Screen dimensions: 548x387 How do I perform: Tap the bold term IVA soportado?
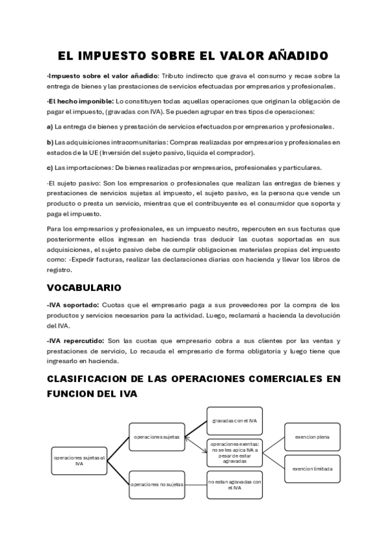[x=74, y=304]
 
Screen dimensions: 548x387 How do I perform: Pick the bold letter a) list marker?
[x=50, y=126]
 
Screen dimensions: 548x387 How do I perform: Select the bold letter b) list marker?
[x=50, y=142]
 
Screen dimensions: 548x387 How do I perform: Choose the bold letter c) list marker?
[x=50, y=167]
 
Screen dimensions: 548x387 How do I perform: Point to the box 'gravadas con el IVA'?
[x=234, y=421]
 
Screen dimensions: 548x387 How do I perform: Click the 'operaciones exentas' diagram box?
[x=234, y=452]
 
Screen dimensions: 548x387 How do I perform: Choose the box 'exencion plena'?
[x=312, y=437]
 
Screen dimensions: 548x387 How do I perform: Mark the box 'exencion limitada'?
[x=312, y=469]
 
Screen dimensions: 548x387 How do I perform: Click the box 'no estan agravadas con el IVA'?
[x=234, y=483]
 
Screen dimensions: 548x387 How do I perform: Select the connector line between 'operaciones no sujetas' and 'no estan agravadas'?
[x=196, y=483]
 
